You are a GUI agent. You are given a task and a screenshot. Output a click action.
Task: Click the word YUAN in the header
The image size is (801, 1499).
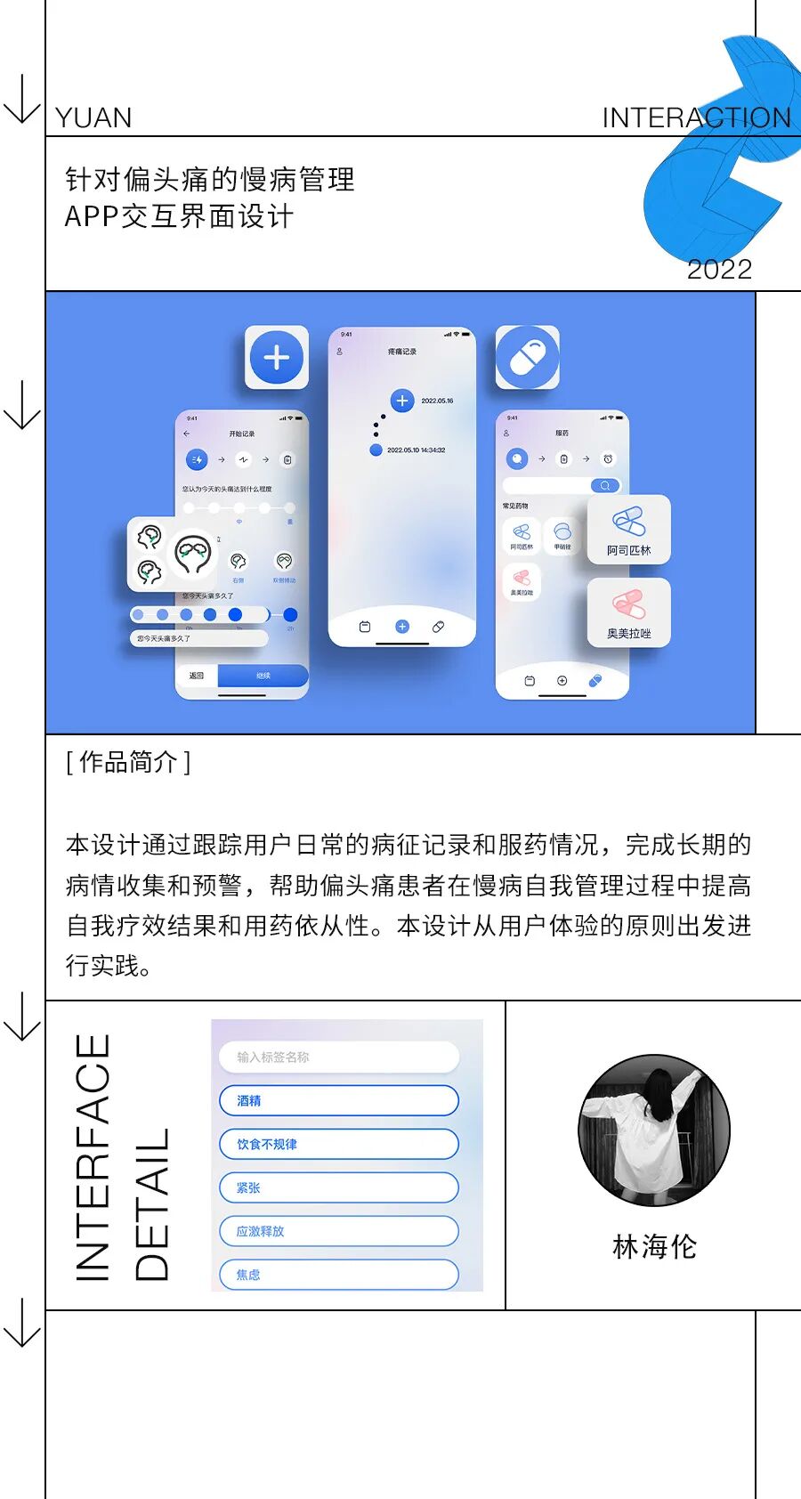[x=93, y=118]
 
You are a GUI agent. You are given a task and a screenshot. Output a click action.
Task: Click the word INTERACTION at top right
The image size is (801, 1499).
[x=696, y=118]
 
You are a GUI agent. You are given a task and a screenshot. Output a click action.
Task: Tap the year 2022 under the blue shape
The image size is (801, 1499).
[x=719, y=270]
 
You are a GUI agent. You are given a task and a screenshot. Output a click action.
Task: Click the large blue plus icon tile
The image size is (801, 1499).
[x=277, y=358]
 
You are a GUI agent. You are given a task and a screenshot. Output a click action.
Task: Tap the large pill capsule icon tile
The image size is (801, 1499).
[x=528, y=358]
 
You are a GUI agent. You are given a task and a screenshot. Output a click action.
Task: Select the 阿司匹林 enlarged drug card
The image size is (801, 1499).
[x=628, y=531]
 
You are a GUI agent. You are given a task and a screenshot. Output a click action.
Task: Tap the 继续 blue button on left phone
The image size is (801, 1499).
[x=263, y=676]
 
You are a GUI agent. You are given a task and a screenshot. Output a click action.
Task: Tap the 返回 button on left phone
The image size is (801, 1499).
[x=197, y=676]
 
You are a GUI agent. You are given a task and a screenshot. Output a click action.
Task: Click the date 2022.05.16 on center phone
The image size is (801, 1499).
[x=437, y=401]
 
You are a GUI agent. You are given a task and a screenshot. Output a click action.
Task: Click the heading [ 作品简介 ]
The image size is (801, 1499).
[x=128, y=763]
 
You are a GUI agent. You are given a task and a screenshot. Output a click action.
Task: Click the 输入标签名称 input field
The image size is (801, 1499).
[x=338, y=1057]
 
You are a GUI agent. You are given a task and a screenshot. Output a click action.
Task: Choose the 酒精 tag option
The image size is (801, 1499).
[x=338, y=1101]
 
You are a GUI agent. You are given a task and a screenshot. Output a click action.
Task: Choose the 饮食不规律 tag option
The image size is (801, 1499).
[x=338, y=1144]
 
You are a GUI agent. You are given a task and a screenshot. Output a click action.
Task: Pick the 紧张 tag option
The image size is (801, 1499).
[x=338, y=1187]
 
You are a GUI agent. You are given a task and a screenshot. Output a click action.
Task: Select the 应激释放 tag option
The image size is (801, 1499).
[x=338, y=1231]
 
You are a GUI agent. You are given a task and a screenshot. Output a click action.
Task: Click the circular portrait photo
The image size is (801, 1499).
[x=654, y=1130]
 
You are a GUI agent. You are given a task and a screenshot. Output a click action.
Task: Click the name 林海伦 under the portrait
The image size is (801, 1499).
[x=654, y=1247]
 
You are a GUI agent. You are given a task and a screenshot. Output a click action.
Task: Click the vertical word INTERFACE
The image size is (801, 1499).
[x=93, y=1157]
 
